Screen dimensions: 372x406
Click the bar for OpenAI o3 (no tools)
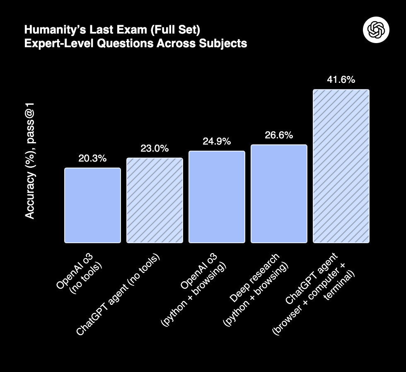click(x=92, y=205)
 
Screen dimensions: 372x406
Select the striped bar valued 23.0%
click(x=155, y=200)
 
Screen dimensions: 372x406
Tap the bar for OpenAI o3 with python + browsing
click(x=217, y=197)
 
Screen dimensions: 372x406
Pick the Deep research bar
click(x=279, y=193)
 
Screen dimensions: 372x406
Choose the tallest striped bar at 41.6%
click(x=341, y=166)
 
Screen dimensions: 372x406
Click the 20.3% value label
click(x=92, y=158)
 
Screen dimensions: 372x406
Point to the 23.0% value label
click(x=155, y=148)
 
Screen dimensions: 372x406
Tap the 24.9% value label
click(x=217, y=141)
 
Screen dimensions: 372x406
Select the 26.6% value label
click(x=279, y=135)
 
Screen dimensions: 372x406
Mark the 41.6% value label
click(x=341, y=80)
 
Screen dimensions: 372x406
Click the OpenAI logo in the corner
click(x=376, y=30)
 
